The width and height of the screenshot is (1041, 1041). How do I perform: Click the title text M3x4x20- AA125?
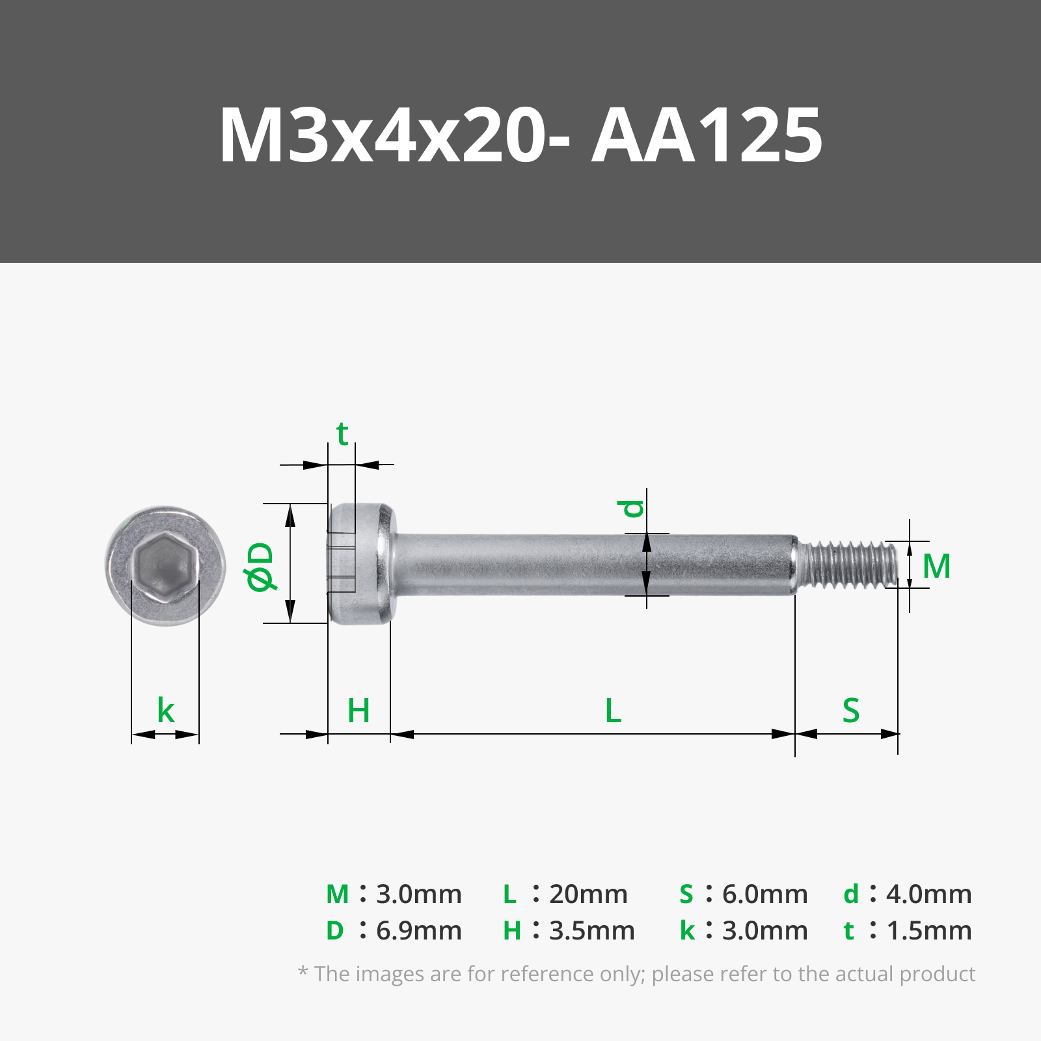pyautogui.click(x=521, y=135)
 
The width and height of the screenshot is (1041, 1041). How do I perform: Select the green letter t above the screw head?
pyautogui.click(x=342, y=433)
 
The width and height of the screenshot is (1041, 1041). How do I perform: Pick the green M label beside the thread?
pyautogui.click(x=937, y=566)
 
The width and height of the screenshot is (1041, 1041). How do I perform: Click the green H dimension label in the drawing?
pyautogui.click(x=358, y=710)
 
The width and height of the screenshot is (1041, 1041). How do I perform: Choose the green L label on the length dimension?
pyautogui.click(x=613, y=710)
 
